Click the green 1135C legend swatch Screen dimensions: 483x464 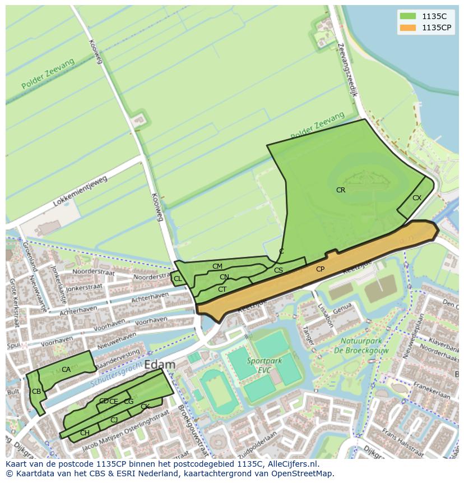pyautogui.click(x=407, y=16)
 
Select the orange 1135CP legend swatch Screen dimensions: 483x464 pyautogui.click(x=407, y=27)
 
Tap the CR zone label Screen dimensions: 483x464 pyautogui.click(x=341, y=190)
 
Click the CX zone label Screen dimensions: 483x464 pyautogui.click(x=417, y=198)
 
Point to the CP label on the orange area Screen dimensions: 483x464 pyautogui.click(x=320, y=269)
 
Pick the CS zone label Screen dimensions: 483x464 pyautogui.click(x=279, y=270)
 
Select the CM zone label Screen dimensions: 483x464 pyautogui.click(x=217, y=266)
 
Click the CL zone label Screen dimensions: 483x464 pyautogui.click(x=178, y=279)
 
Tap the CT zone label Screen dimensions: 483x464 pyautogui.click(x=222, y=289)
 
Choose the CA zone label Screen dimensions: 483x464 pyautogui.click(x=66, y=370)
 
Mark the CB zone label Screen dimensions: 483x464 pyautogui.click(x=36, y=392)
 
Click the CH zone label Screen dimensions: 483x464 pyautogui.click(x=85, y=433)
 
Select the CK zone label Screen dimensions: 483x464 pyautogui.click(x=145, y=407)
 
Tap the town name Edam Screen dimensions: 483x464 pyautogui.click(x=160, y=365)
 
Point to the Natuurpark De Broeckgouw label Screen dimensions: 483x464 pyautogui.click(x=361, y=345)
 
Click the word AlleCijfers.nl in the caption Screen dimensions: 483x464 pyautogui.click(x=291, y=464)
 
